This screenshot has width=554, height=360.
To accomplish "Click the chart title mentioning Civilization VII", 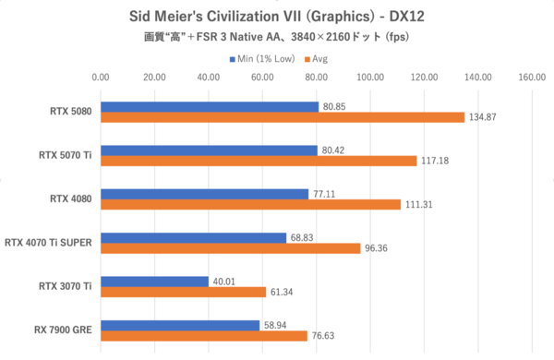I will click(277, 16).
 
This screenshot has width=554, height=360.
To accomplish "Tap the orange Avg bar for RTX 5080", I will click(282, 117).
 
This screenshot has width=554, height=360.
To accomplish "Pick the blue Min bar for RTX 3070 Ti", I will click(154, 282).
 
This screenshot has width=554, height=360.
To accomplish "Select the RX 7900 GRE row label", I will click(60, 330).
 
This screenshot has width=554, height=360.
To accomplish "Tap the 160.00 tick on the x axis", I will click(532, 78).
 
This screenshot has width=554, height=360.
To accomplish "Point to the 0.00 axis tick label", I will click(101, 78).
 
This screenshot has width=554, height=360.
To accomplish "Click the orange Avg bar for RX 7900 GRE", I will click(203, 336).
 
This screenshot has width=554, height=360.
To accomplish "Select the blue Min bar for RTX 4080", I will click(204, 194).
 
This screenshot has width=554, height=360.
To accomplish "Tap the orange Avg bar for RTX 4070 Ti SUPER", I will click(230, 248).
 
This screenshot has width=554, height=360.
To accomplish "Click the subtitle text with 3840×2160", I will click(277, 37).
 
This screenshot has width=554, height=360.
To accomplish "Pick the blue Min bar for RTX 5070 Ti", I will click(209, 150).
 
